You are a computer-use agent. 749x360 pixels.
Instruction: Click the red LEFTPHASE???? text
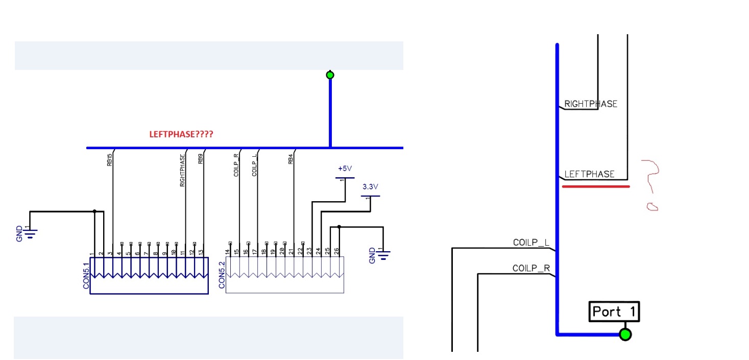coord(181,135)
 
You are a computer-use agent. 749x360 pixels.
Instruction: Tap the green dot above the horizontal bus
coord(330,75)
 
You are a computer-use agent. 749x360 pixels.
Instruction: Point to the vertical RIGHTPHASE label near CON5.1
coord(182,171)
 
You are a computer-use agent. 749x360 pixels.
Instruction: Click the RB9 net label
coord(201,159)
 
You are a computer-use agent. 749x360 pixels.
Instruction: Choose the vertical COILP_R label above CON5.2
coord(236,165)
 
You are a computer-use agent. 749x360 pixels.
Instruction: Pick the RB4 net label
coord(291,159)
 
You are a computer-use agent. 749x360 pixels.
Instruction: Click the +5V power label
coord(345,169)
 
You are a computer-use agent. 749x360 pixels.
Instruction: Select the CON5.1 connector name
coord(86,276)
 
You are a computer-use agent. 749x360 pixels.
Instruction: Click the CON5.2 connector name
coord(222,276)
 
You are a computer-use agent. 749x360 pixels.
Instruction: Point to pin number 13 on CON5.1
coord(201,252)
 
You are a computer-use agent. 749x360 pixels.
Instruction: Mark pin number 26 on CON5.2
coord(336,251)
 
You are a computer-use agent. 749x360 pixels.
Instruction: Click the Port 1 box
coord(614,311)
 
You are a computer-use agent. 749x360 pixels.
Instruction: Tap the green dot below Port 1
coord(625,334)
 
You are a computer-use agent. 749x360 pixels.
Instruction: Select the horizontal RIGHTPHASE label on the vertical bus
coord(591,104)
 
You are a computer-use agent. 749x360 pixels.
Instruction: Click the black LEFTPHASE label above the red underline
coord(589,174)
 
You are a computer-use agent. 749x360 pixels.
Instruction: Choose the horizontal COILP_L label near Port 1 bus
coord(531,243)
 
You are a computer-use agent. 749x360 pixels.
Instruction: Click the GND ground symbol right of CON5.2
coord(382,254)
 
